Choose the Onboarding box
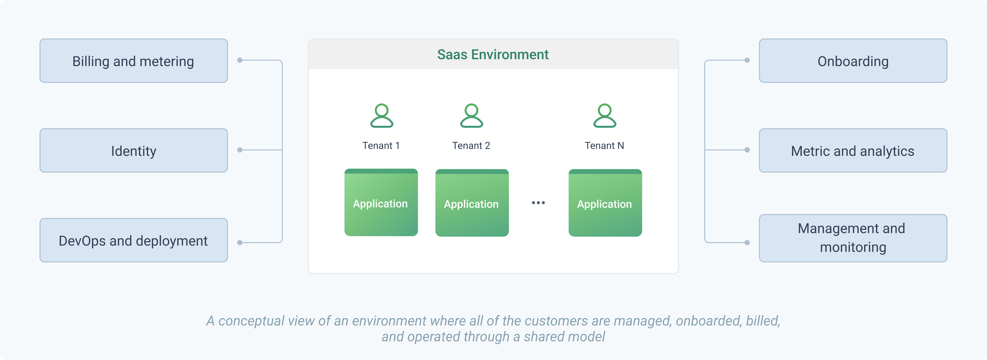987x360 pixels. click(853, 60)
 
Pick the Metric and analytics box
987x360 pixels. click(853, 150)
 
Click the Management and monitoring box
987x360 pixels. click(853, 238)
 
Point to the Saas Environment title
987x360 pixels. click(493, 54)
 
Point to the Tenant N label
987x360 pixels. click(604, 145)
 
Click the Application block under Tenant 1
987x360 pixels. click(381, 202)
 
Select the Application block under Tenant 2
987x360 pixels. click(472, 203)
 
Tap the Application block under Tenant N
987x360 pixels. click(605, 203)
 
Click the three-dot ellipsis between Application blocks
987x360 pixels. click(538, 203)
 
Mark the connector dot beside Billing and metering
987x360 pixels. click(240, 60)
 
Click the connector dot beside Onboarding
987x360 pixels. click(747, 60)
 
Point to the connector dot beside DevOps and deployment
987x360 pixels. click(240, 242)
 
